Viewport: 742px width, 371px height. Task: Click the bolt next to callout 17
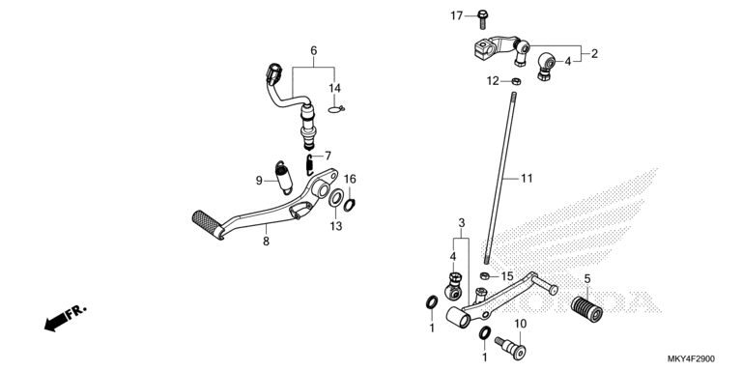[483, 19]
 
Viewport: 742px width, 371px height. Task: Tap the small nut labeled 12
[517, 81]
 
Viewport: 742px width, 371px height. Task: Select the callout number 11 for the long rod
[527, 179]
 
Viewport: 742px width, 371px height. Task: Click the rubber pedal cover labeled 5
[586, 308]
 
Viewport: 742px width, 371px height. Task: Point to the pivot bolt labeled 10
[510, 347]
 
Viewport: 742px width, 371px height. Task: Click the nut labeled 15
[484, 275]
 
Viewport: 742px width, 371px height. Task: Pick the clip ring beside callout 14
[335, 110]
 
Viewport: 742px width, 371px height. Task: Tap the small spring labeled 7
[309, 162]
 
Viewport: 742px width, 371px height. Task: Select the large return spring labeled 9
[284, 178]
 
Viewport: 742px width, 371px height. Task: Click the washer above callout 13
[336, 198]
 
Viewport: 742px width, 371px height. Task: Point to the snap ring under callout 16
[349, 206]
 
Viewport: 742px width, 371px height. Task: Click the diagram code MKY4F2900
[692, 359]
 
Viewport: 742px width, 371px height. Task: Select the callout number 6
[314, 50]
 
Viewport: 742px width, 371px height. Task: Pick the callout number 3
[462, 222]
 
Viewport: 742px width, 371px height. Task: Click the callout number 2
[595, 54]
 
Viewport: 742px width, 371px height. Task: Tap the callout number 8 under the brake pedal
[266, 242]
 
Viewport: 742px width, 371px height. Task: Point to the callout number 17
[456, 16]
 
